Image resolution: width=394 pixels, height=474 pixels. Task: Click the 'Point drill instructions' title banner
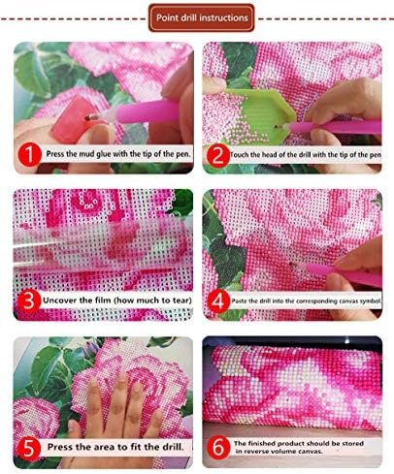point(202,17)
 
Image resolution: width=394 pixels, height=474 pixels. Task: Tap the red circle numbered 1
point(29,154)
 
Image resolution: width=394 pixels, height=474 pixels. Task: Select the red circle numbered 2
point(217,156)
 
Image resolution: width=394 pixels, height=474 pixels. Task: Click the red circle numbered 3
point(29,301)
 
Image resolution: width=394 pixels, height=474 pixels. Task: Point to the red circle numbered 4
point(218,301)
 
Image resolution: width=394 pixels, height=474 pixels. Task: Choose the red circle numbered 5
point(29,448)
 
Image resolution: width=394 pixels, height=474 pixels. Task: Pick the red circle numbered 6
point(218,448)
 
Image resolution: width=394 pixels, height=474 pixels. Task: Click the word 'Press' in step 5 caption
point(60,447)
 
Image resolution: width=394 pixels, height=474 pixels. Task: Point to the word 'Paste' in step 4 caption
point(240,300)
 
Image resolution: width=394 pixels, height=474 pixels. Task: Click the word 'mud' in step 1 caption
point(87,154)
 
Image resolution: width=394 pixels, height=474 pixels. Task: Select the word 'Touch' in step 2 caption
point(240,155)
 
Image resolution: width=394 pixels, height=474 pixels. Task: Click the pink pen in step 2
point(335,127)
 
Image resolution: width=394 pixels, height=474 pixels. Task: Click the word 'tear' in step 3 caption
point(181,300)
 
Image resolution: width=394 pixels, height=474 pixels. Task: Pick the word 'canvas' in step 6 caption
point(311,451)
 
